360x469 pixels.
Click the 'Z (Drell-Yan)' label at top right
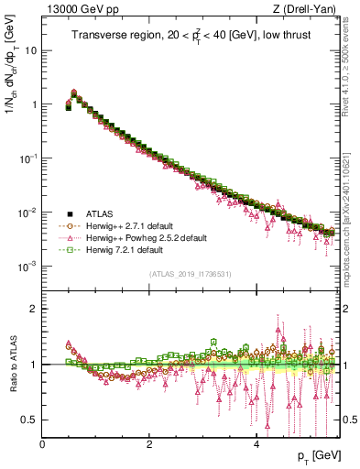pos(307,10)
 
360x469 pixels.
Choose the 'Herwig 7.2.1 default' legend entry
pos(125,250)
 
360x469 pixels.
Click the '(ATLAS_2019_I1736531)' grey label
pos(190,274)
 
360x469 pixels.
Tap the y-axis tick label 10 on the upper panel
pos(30,49)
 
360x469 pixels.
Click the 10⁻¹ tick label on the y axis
pos(28,158)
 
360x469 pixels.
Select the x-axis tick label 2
pos(149,443)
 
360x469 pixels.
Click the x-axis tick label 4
pos(256,443)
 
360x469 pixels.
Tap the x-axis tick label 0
pos(42,443)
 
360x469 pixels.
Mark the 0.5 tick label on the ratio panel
pos(30,420)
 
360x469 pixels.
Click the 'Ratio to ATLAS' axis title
pos(11,364)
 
